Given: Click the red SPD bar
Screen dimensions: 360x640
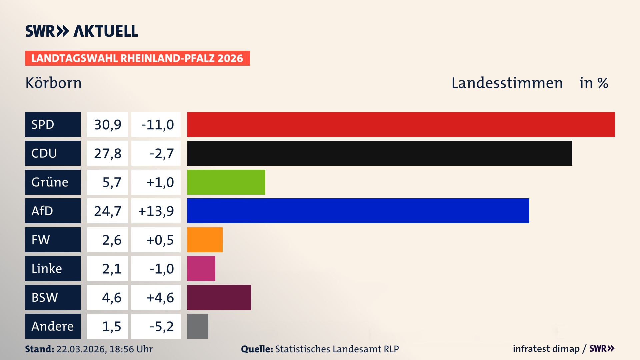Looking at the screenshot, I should pyautogui.click(x=401, y=124).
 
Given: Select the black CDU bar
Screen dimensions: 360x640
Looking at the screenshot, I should pyautogui.click(x=379, y=153).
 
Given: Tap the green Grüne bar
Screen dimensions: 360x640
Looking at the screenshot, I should pyautogui.click(x=226, y=182).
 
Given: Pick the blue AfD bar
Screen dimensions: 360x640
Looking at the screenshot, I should pyautogui.click(x=358, y=211).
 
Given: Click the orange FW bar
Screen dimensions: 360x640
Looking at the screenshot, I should pyautogui.click(x=205, y=240).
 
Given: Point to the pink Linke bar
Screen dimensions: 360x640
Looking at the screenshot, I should pyautogui.click(x=201, y=268).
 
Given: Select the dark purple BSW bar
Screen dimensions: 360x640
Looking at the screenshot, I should pyautogui.click(x=219, y=297).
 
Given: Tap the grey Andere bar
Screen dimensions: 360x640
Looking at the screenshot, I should pyautogui.click(x=197, y=326).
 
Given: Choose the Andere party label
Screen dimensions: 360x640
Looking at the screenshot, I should pyautogui.click(x=53, y=326).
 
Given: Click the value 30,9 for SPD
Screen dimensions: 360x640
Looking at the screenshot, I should pyautogui.click(x=107, y=124).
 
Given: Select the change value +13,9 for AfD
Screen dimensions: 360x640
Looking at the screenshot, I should pyautogui.click(x=156, y=211).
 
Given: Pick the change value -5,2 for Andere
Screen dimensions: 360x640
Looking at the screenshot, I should pyautogui.click(x=161, y=326).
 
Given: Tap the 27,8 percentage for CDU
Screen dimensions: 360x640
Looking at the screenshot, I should pyautogui.click(x=107, y=153).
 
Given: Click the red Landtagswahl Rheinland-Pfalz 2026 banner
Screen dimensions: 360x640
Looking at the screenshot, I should pyautogui.click(x=137, y=58).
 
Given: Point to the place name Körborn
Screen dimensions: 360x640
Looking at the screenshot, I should pyautogui.click(x=53, y=83).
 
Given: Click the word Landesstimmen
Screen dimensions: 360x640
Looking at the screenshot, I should pyautogui.click(x=507, y=83).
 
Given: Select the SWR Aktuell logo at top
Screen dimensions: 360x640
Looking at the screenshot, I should pyautogui.click(x=82, y=31).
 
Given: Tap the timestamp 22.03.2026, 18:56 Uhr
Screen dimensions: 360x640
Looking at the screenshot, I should pyautogui.click(x=104, y=349).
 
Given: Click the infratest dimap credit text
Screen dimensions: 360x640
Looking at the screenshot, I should pyautogui.click(x=546, y=349).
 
